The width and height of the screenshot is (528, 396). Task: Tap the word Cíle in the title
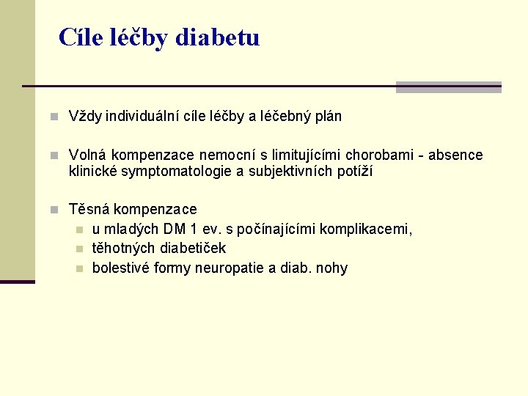pyautogui.click(x=77, y=37)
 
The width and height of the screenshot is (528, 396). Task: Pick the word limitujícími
pyautogui.click(x=307, y=155)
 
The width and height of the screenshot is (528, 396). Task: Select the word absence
pyautogui.click(x=455, y=155)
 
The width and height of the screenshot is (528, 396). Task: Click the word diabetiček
pyautogui.click(x=191, y=249)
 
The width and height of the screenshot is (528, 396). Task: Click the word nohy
pyautogui.click(x=331, y=268)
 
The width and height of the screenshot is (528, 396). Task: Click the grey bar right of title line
pyautogui.click(x=448, y=87)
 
